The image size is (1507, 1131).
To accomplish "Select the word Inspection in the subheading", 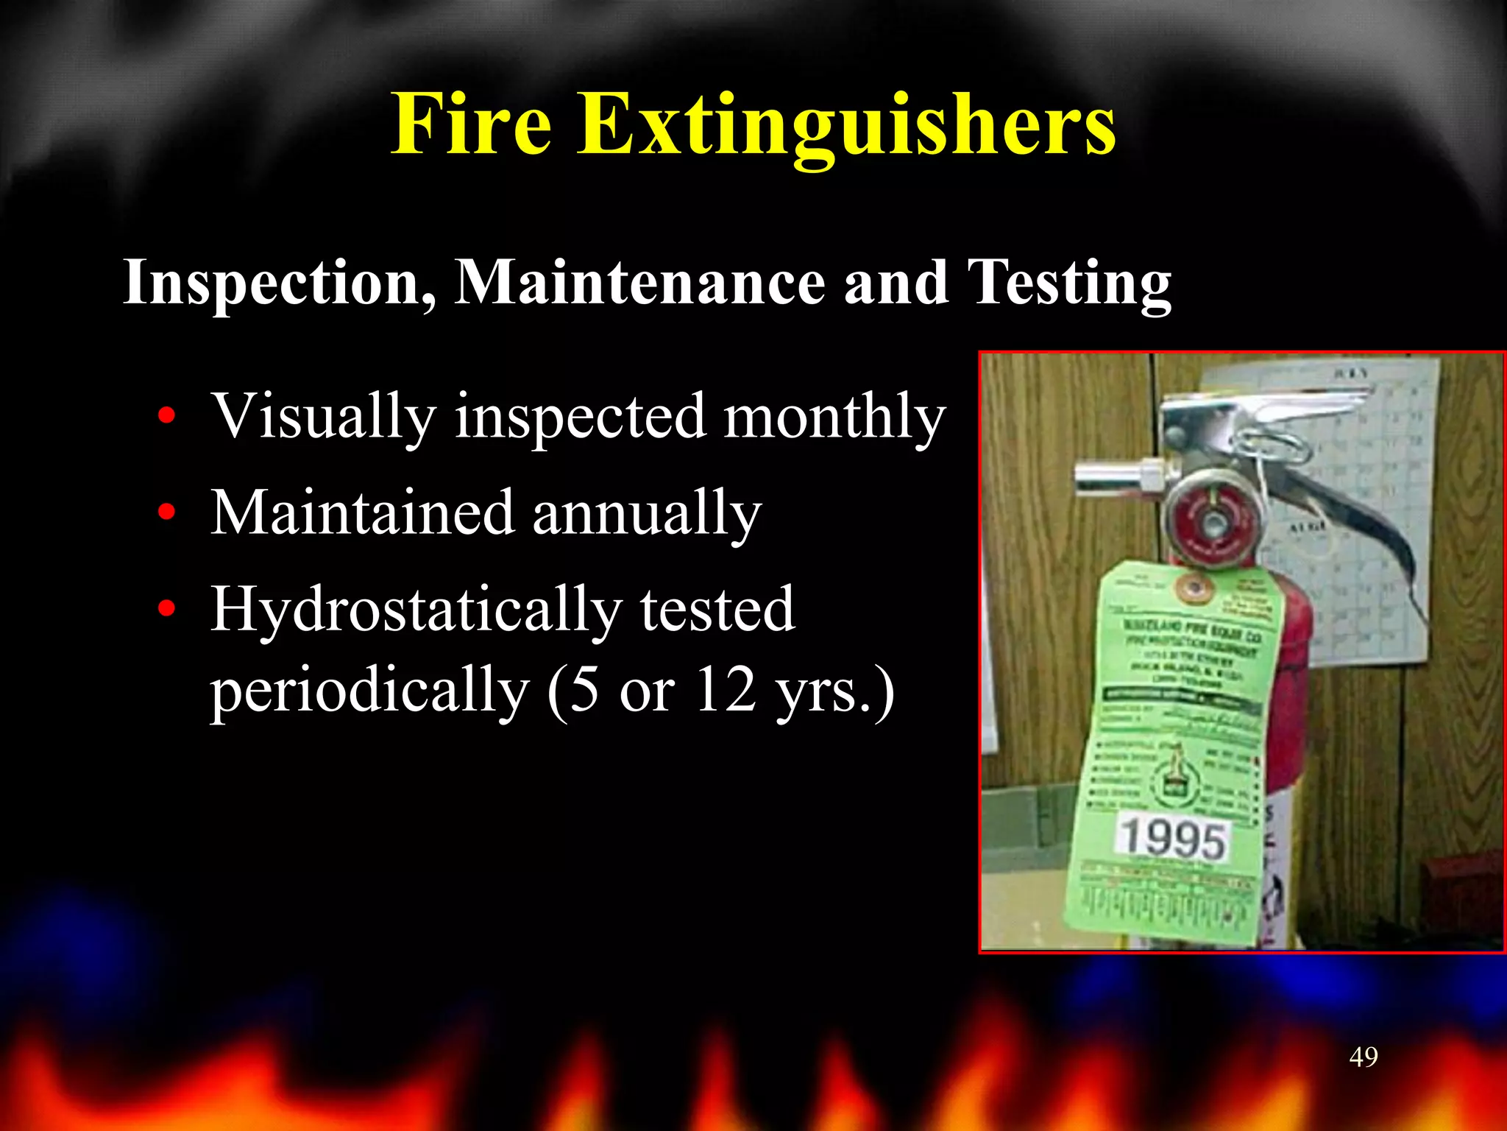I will [x=280, y=283].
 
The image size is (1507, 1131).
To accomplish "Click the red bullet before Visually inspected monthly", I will [x=167, y=416].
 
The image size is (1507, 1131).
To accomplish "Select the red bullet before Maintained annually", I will [x=167, y=512].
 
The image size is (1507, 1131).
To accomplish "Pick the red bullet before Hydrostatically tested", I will [x=167, y=609].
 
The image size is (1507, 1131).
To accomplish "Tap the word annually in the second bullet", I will [x=647, y=514].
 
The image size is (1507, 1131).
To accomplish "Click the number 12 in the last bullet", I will [x=726, y=690].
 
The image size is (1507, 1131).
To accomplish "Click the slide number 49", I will [x=1364, y=1057].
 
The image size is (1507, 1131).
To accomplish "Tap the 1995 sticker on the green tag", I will [x=1172, y=838].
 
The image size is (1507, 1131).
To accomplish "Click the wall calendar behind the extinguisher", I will [x=1361, y=515].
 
